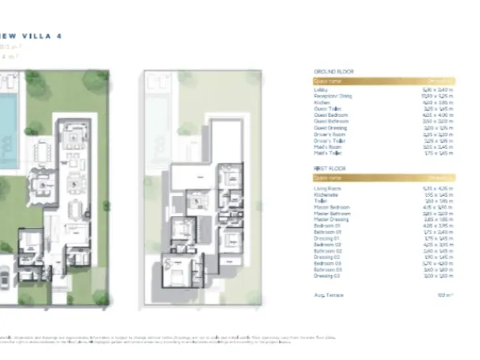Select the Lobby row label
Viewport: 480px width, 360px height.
[320, 90]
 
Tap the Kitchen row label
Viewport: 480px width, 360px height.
[322, 102]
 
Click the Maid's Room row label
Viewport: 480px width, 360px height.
[326, 146]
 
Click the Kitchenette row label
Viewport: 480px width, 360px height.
[325, 194]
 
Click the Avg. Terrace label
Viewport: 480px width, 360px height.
[327, 295]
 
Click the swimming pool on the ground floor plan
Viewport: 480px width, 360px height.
[7, 112]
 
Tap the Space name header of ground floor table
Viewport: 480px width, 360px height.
[328, 81]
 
